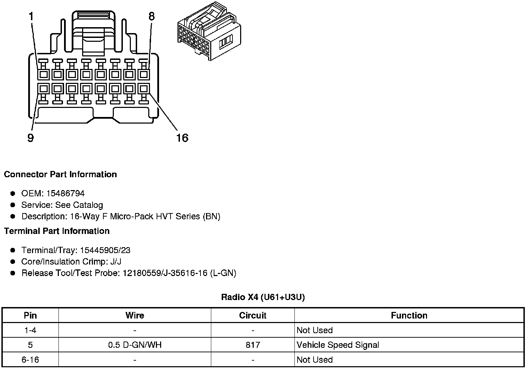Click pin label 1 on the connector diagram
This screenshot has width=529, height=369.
coord(31,16)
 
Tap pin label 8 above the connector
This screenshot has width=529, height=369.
coord(151,16)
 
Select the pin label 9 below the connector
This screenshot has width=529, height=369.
coord(31,138)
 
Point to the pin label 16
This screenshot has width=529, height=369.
coord(182,138)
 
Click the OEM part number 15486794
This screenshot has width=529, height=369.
coord(65,194)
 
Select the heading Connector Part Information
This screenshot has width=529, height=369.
coord(60,174)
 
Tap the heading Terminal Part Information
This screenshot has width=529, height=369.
coord(57,231)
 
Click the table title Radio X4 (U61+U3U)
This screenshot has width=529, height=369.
coord(263,297)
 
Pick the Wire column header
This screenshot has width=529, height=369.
coord(135,315)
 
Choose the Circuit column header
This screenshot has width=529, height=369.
coord(253,315)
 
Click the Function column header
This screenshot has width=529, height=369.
coord(409,315)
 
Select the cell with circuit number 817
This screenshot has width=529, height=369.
coord(253,345)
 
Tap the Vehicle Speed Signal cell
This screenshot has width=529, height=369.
coord(338,345)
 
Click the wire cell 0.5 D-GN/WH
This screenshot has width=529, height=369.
coord(135,345)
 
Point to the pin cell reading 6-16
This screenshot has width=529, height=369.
coord(30,360)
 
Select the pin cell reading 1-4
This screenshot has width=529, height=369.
coord(30,330)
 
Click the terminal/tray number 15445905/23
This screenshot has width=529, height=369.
coord(105,250)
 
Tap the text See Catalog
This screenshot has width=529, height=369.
coord(79,205)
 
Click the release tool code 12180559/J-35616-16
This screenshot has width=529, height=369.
coord(165,273)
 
